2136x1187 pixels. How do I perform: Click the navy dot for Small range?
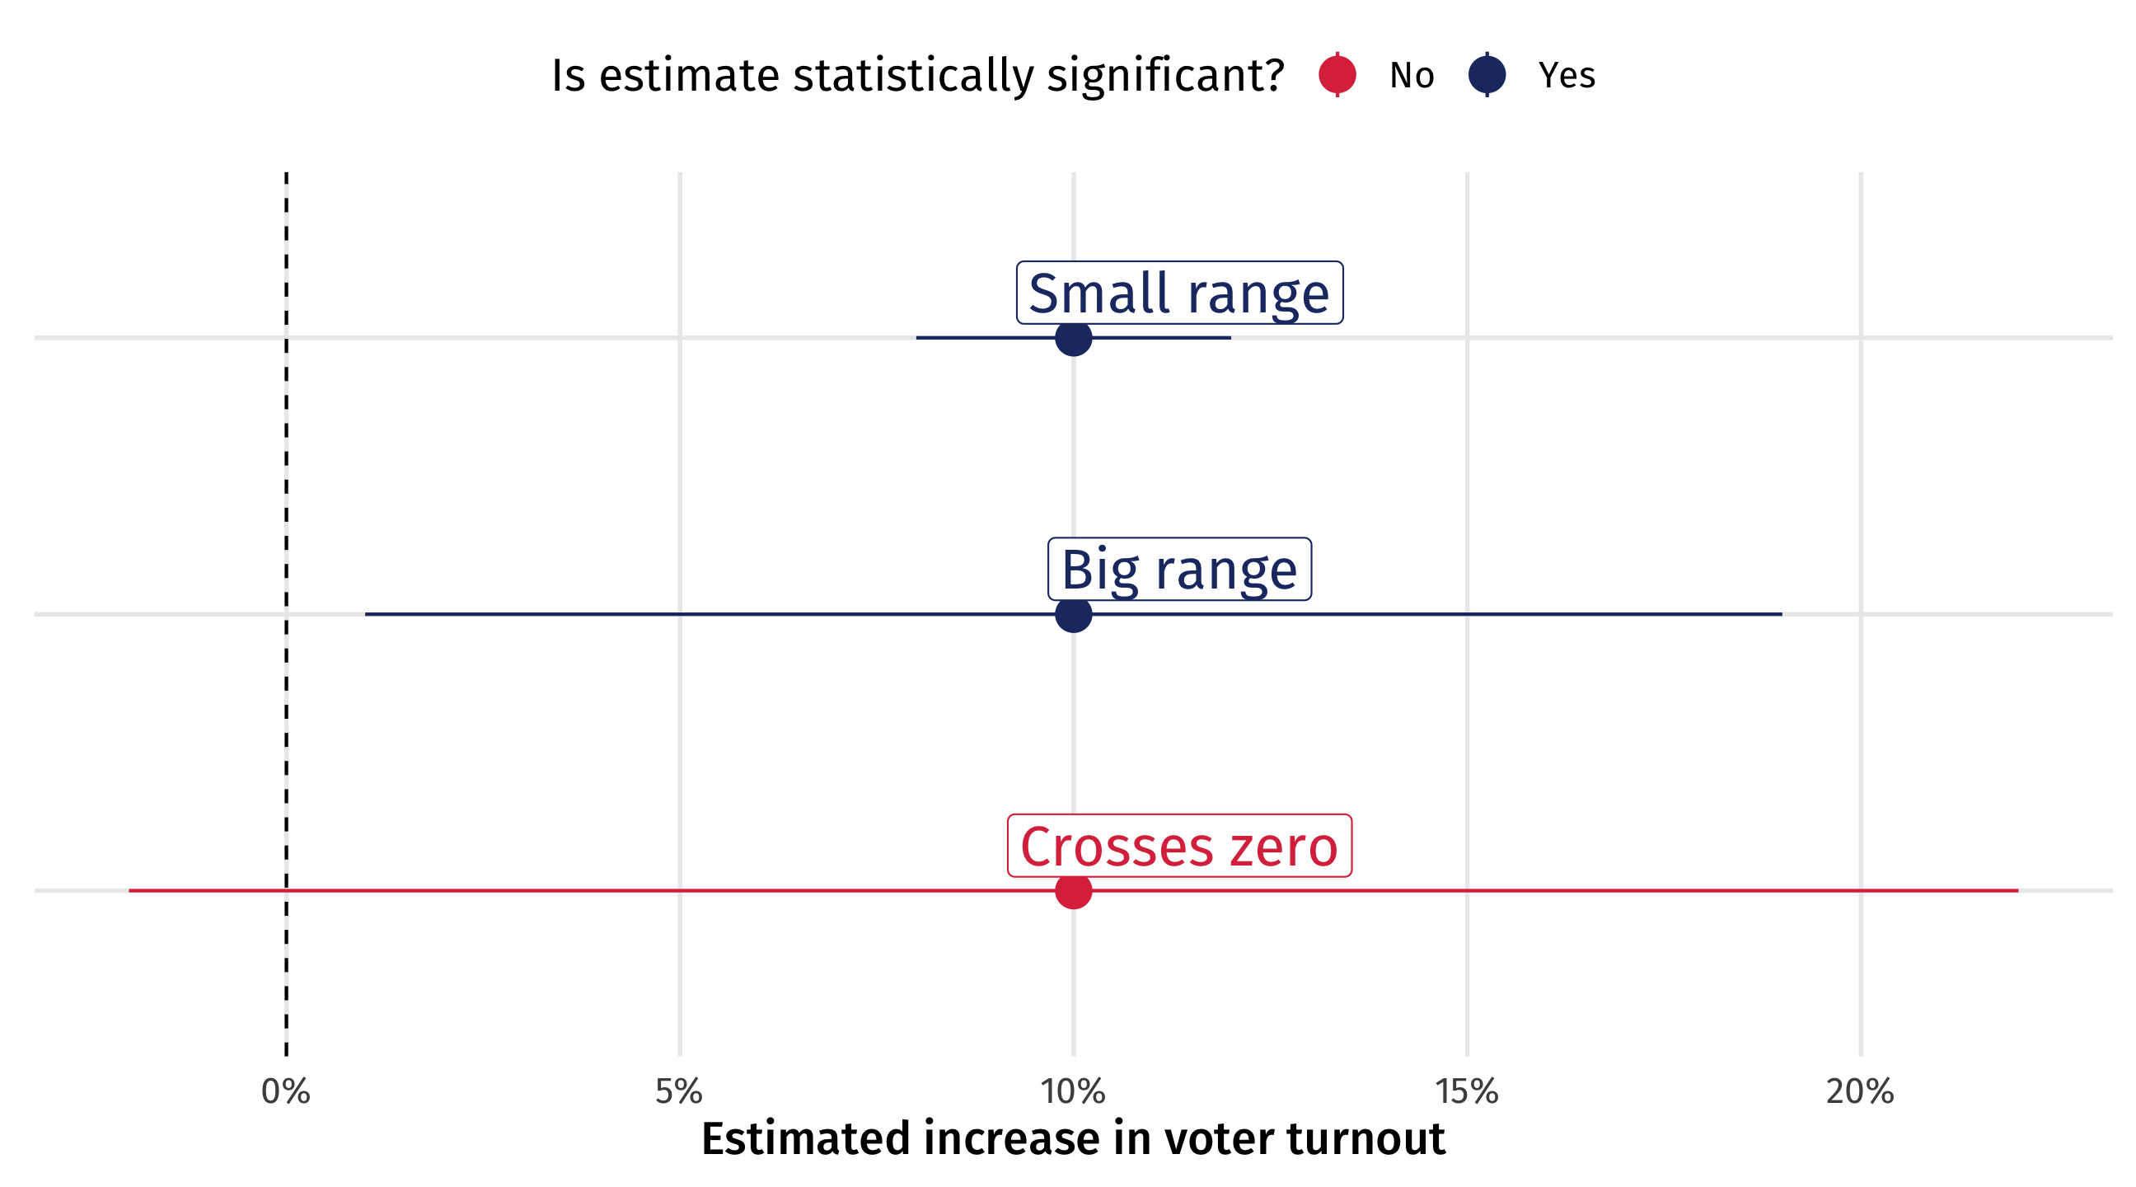[1074, 338]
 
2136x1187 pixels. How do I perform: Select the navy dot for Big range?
[1074, 615]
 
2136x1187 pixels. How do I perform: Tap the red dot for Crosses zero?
[1074, 891]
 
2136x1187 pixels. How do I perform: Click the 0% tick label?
[286, 1092]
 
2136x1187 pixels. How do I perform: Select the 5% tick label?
[679, 1092]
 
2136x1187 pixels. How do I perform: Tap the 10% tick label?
[1073, 1092]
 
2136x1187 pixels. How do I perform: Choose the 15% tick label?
[1467, 1092]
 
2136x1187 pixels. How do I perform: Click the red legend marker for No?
[1337, 75]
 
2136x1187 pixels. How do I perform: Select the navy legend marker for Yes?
[1487, 75]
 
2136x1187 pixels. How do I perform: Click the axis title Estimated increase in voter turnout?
[1073, 1139]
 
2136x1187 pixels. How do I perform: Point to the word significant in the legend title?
[1165, 77]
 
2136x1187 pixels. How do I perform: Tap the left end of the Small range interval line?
[916, 338]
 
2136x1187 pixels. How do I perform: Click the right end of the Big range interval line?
[1782, 615]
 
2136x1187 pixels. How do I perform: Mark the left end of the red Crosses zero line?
[129, 891]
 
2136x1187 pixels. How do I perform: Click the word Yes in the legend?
[1567, 76]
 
